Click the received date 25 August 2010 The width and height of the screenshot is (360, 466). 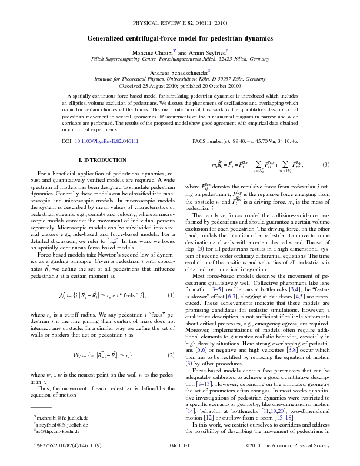point(156,86)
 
